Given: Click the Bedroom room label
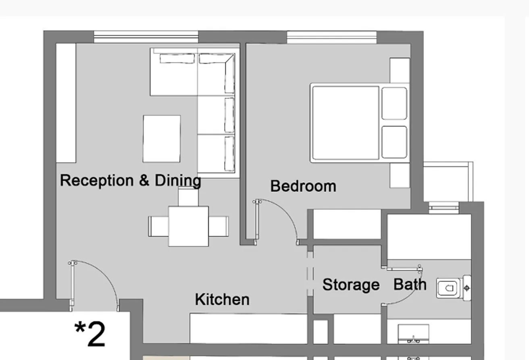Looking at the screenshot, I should (303, 186).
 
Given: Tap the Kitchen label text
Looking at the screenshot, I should (222, 300).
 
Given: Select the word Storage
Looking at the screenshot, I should (351, 285).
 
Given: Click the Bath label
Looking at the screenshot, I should (410, 284).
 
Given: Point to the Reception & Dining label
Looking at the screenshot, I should (130, 180).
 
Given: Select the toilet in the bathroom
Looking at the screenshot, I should (448, 288).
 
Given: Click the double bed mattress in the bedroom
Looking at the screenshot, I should (346, 123).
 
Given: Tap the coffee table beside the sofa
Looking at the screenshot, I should (161, 139).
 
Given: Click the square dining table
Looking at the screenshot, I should (188, 226).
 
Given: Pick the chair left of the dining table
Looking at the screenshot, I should (158, 226).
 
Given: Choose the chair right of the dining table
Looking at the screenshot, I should (219, 226).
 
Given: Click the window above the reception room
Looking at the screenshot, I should (146, 37).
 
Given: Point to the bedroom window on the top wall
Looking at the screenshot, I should (331, 37).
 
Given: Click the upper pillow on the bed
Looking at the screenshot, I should (394, 104).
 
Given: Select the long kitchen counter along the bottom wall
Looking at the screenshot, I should (248, 329).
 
